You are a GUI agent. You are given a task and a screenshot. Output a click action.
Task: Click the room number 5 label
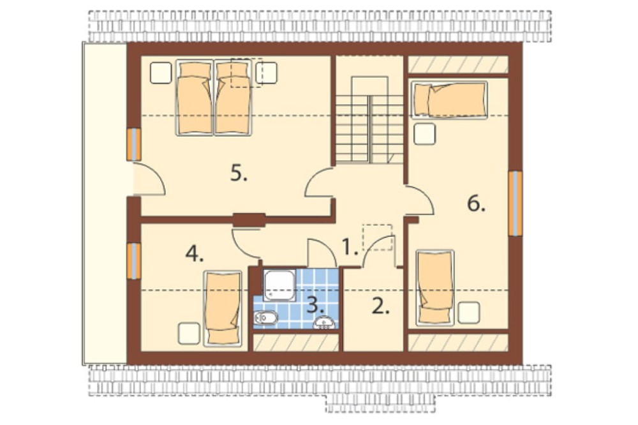pos(239,174)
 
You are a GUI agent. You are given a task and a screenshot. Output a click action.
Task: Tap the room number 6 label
pos(476,203)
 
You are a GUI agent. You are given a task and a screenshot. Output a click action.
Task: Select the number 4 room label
pos(194,255)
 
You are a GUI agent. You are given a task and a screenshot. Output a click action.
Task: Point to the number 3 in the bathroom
pos(315,304)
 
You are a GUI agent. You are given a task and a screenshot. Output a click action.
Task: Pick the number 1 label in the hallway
pos(350,247)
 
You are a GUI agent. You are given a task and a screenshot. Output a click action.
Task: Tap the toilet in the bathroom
pos(265,317)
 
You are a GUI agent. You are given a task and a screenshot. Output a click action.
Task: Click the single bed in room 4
pos(222,308)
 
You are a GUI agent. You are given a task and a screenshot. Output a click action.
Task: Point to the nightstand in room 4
pos(189,333)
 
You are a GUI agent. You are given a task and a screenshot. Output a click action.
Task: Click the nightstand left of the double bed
pos(161,73)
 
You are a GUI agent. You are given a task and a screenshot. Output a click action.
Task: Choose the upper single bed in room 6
pos(449,100)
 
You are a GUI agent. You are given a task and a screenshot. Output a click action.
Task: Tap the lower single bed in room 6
pos(435,288)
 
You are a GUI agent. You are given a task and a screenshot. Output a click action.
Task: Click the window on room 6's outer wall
pos(515,204)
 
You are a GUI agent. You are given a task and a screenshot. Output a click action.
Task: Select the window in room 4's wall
pos(134,261)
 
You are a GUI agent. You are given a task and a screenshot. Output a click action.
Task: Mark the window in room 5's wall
pos(134,144)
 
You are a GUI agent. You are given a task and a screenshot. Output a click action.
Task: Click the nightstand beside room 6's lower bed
pos(469,312)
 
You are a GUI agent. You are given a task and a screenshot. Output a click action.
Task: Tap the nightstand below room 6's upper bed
pos(424,134)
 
